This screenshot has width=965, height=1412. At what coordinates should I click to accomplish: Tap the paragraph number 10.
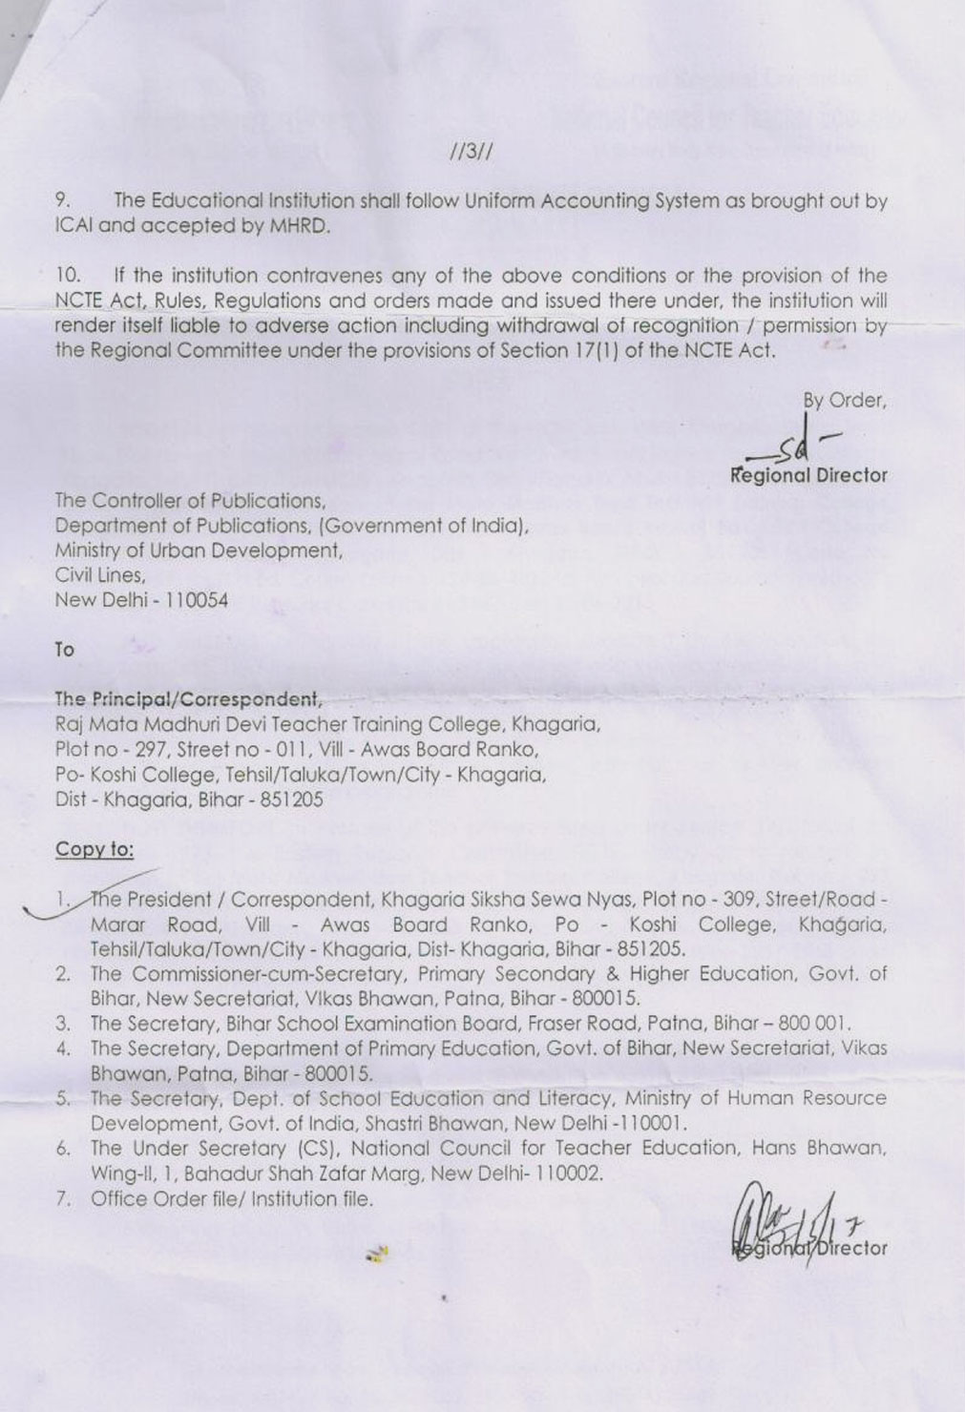point(69,276)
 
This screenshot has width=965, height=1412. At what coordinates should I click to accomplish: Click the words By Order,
point(844,401)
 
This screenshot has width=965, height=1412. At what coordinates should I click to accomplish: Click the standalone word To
point(64,650)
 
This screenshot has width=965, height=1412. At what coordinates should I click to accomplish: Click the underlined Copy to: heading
point(94,849)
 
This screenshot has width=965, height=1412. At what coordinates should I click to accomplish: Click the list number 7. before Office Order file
point(63,1199)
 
